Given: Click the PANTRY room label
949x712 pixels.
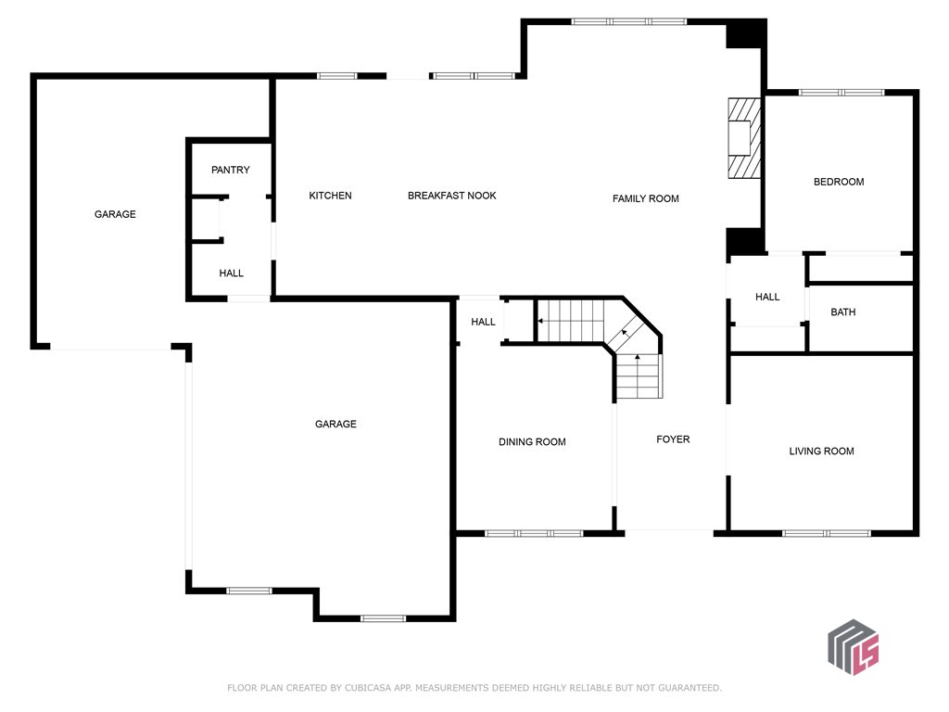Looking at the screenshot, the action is point(231,171).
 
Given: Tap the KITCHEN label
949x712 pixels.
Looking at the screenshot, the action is point(331,196).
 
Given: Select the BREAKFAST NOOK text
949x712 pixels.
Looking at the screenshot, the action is point(452,196).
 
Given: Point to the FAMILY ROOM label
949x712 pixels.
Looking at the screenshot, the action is point(646,198).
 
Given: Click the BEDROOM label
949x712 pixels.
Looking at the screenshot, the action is point(839,182).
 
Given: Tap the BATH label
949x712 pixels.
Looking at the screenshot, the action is point(843,312).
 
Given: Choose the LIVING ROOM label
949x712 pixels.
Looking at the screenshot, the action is point(822,451).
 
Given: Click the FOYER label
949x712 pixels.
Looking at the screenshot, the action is point(673,439).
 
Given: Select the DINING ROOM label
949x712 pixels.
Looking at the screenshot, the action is point(533,442).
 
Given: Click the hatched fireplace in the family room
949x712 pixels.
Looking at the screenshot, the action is point(744,139).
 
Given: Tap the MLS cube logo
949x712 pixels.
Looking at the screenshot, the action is point(854,647).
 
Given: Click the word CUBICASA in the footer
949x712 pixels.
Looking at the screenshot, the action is point(368,688).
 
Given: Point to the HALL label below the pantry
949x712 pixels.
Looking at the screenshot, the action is point(231,273).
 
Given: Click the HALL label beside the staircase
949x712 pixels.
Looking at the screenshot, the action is point(484,322).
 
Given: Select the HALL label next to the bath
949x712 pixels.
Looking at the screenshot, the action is point(767,298).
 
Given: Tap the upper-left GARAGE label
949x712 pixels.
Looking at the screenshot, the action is point(115,214).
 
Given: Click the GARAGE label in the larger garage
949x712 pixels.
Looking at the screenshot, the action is point(335,425).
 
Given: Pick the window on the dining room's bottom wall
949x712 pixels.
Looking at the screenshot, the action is point(534,533).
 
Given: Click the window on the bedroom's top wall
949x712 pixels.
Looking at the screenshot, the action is point(841,93).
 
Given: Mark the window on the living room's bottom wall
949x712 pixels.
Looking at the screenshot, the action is point(827,533).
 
